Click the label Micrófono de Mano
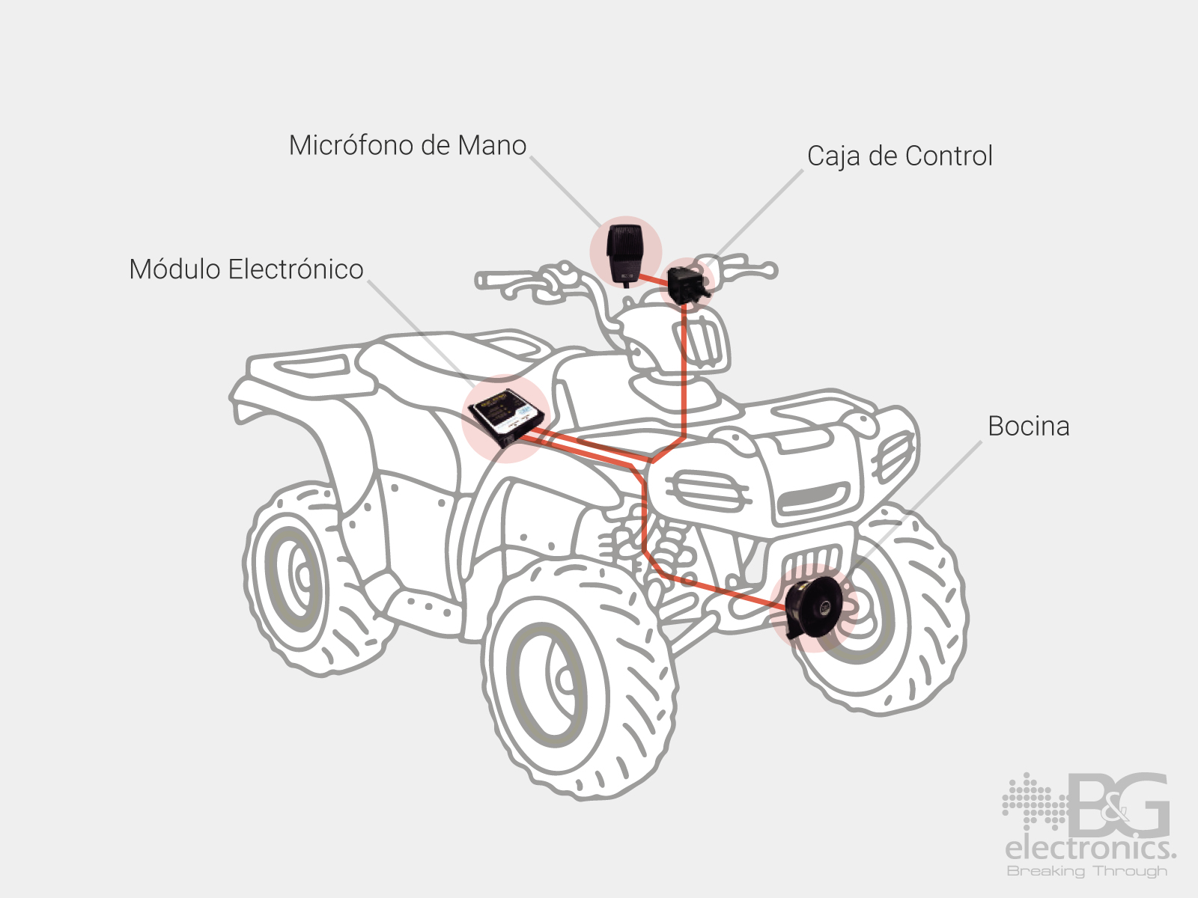(407, 145)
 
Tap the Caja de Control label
(899, 156)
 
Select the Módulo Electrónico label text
(246, 269)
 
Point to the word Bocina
(1028, 427)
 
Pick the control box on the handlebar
(685, 284)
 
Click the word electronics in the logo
(1089, 849)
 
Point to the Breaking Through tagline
(1087, 871)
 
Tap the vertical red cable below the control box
(684, 374)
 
